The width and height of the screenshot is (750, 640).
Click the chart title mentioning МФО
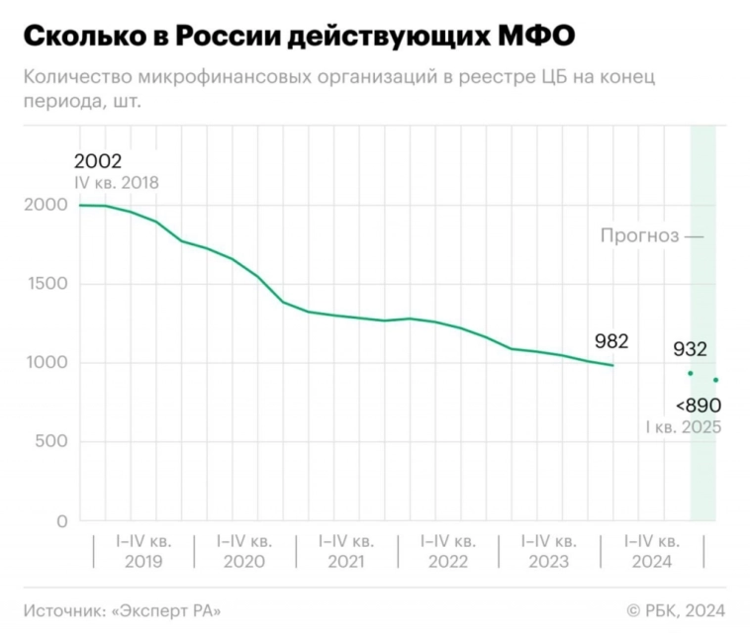tap(298, 37)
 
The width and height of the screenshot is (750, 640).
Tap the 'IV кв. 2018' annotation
tap(116, 183)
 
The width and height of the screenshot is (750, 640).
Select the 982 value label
tap(611, 341)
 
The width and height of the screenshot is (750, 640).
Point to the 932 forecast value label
tap(690, 349)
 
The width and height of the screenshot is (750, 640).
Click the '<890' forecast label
tap(698, 406)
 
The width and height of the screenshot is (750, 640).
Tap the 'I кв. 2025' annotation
tap(683, 427)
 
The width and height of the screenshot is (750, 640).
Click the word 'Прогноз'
tap(639, 235)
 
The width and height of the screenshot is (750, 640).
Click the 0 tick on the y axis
tap(61, 520)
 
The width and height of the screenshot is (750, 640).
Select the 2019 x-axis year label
tap(143, 562)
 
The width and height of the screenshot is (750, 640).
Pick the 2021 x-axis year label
tap(346, 562)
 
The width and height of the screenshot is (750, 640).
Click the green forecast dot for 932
tap(690, 373)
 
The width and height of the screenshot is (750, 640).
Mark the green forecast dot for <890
tap(715, 380)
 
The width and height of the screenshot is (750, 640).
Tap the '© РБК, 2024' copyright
tap(676, 610)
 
